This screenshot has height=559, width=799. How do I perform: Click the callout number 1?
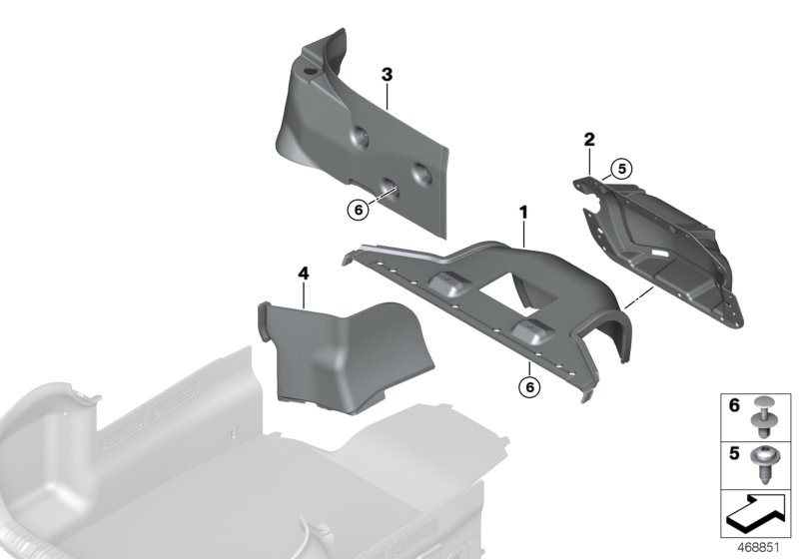521,213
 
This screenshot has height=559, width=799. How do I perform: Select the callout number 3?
387,74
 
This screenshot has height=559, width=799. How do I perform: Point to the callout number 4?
303,271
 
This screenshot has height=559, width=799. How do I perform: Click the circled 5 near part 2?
622,169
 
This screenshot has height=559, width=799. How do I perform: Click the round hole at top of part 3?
311,72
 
